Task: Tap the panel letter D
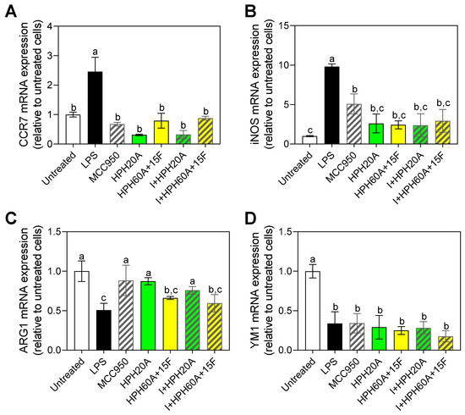[x=239, y=218]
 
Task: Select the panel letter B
[x=239, y=10]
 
